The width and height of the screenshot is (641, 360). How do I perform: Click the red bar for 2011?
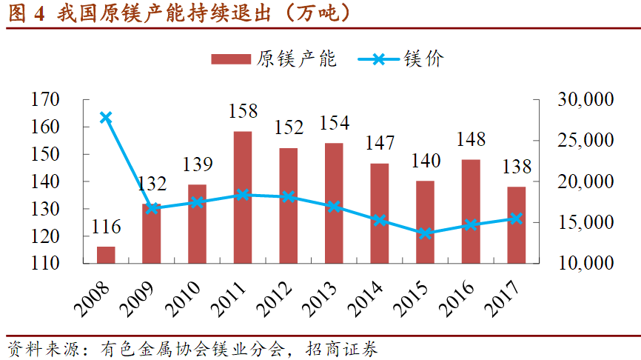[x=243, y=197]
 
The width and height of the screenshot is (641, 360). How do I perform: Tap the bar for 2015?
[x=425, y=221]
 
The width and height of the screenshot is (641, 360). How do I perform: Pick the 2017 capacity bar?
[x=516, y=224]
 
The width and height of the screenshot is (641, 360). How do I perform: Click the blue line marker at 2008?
[x=106, y=117]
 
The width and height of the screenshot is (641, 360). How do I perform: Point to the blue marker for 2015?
[x=425, y=233]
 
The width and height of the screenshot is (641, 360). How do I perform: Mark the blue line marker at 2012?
[x=288, y=197]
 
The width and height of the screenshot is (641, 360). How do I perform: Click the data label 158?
[x=242, y=111]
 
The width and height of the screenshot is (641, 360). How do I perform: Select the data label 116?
[x=106, y=227]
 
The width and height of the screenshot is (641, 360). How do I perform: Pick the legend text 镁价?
[x=424, y=59]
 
